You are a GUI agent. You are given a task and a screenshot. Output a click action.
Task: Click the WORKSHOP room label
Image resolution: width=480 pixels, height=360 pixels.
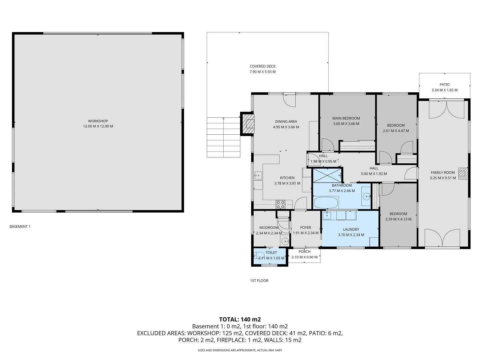point(98,121)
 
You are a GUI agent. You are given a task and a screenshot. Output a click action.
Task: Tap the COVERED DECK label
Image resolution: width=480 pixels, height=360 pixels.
point(263,66)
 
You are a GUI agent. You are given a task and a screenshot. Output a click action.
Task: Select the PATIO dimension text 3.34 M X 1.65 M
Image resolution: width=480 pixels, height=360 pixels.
point(444,90)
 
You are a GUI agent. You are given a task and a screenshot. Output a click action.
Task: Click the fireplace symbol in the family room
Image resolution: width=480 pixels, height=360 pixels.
point(463,174)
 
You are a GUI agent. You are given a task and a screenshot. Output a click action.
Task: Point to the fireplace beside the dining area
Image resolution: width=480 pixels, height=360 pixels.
point(248,124)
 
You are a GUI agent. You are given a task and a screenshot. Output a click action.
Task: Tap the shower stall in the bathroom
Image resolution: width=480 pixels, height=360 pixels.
point(327,175)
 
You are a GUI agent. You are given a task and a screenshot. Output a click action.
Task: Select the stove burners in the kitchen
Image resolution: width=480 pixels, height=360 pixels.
point(280,204)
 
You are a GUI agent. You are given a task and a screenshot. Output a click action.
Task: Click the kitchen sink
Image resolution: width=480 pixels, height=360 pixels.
point(258,175)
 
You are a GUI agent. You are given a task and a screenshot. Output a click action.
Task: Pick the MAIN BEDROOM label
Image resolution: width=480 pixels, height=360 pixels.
point(346,118)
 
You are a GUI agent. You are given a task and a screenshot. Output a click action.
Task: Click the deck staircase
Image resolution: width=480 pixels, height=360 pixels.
point(223,137)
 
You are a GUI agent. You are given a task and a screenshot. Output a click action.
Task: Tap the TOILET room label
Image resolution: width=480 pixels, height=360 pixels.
point(271,253)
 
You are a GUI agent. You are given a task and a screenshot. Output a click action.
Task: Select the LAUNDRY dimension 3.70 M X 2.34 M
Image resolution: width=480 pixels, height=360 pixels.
point(351,235)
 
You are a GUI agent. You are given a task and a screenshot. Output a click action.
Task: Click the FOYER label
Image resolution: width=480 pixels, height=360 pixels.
point(305,228)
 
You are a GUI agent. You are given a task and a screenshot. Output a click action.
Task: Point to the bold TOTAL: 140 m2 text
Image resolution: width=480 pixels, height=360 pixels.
point(240,319)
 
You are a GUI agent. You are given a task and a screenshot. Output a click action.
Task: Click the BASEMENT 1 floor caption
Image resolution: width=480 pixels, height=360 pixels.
point(20,227)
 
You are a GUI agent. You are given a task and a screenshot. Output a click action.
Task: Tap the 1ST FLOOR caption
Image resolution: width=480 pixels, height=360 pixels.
point(259,281)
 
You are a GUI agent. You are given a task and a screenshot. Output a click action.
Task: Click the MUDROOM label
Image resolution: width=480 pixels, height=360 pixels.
point(269,228)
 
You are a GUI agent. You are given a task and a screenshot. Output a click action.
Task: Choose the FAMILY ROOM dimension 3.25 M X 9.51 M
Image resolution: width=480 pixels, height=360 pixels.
point(443,178)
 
